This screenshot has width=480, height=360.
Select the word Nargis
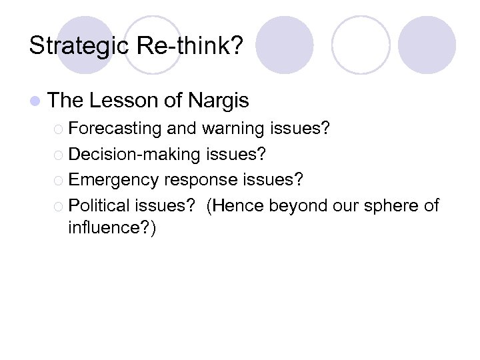218,101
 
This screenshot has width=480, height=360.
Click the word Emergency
113,180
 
